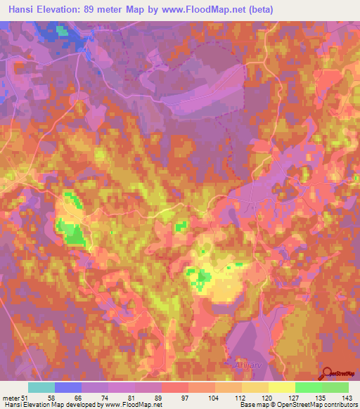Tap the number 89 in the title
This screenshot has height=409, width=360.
pos(101,10)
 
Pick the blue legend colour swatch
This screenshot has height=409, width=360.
pos(68,387)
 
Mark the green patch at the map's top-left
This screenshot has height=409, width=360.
pos(63,31)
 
